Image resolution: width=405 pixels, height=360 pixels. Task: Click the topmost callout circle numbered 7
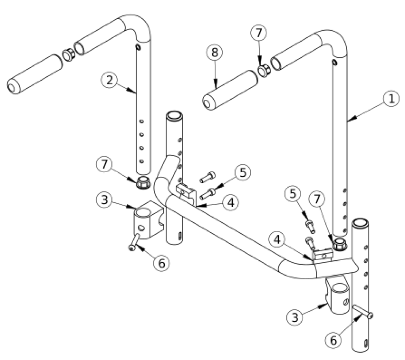pyautogui.click(x=259, y=34)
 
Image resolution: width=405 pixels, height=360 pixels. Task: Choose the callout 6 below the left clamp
pyautogui.click(x=161, y=262)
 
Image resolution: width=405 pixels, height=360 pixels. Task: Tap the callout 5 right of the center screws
pyautogui.click(x=243, y=173)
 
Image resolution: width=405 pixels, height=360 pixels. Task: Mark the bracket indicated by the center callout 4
pyautogui.click(x=186, y=192)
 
